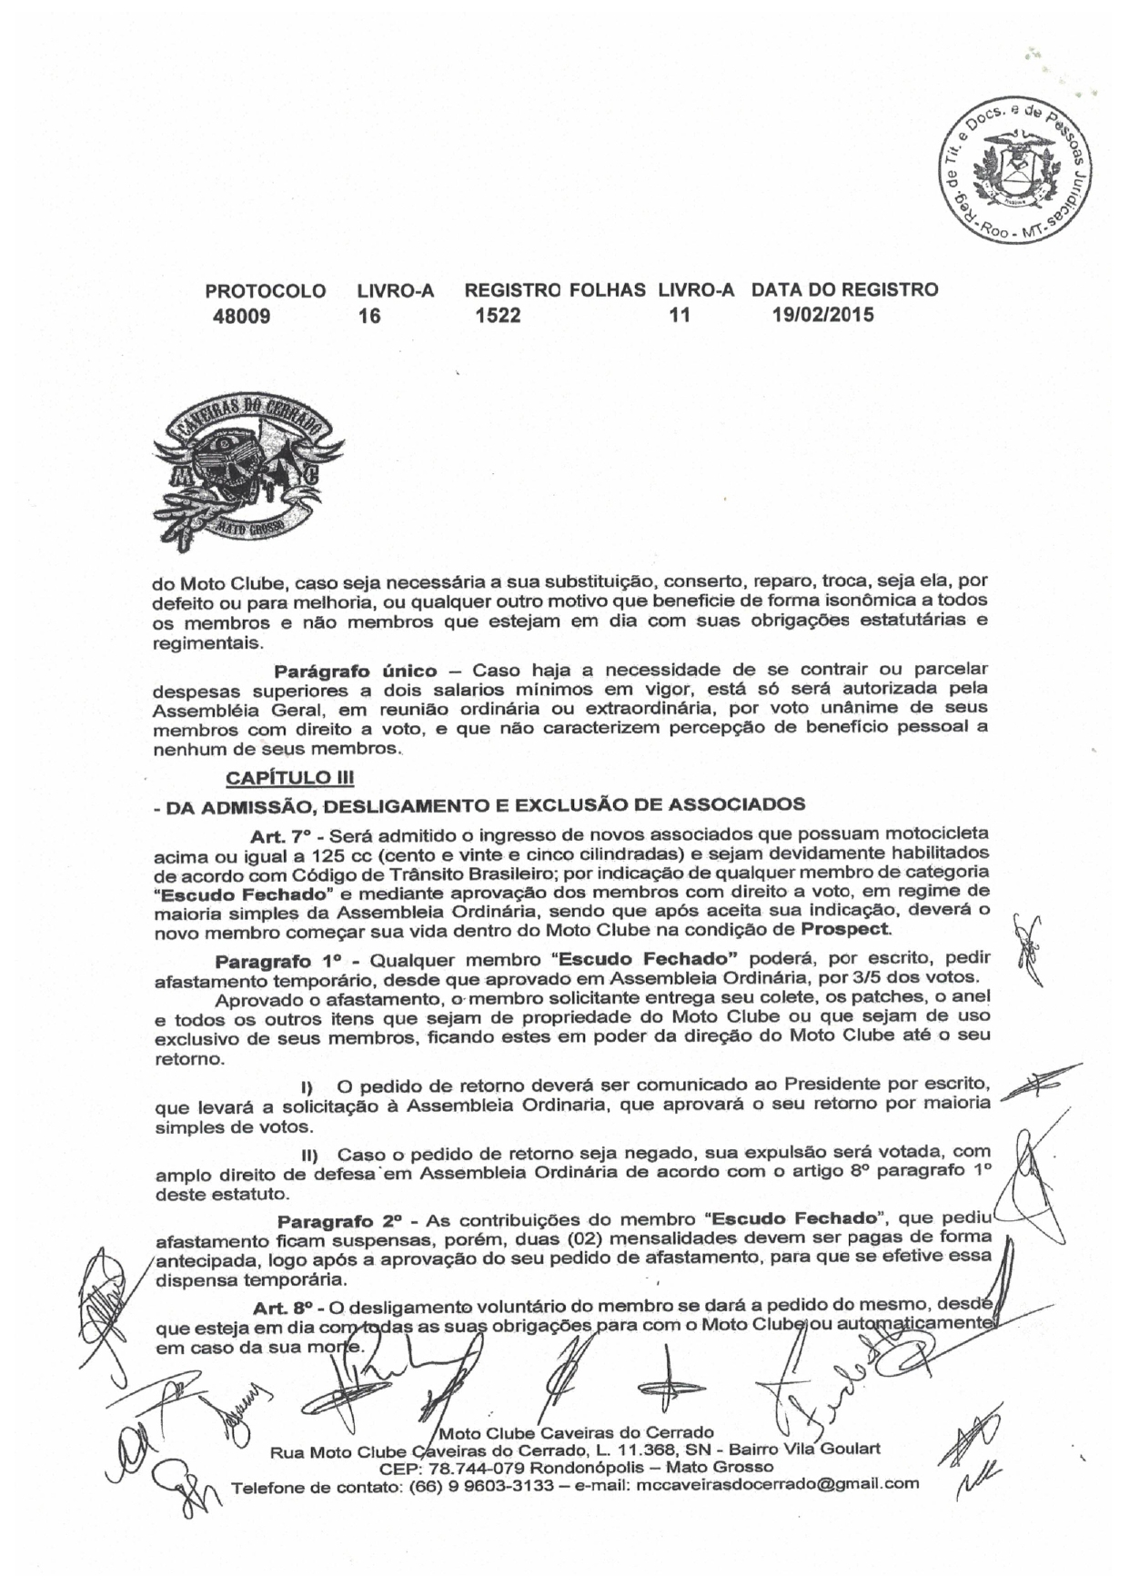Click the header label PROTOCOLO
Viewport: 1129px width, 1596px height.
pos(266,291)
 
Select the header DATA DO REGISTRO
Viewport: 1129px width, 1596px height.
pos(844,290)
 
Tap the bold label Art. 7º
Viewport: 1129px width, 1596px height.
pos(281,833)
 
